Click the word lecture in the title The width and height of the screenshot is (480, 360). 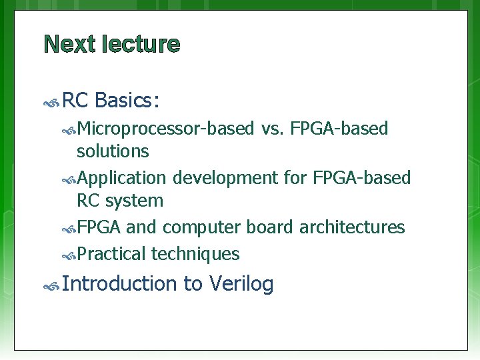coord(141,45)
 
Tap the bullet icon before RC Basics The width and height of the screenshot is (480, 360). coord(51,103)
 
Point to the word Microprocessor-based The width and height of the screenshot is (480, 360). coord(165,129)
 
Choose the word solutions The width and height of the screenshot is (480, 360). coord(113,151)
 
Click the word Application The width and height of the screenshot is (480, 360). coord(122,178)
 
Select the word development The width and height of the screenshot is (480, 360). coord(224,178)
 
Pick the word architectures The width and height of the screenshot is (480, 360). coord(352,227)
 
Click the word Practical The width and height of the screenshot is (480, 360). coord(111,254)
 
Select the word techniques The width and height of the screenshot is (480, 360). coord(195,254)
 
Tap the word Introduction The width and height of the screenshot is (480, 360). coord(122,284)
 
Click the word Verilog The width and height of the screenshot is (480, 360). coord(241,284)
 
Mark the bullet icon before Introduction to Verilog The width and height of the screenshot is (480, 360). coord(51,287)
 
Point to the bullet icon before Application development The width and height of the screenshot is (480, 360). coord(69,179)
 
